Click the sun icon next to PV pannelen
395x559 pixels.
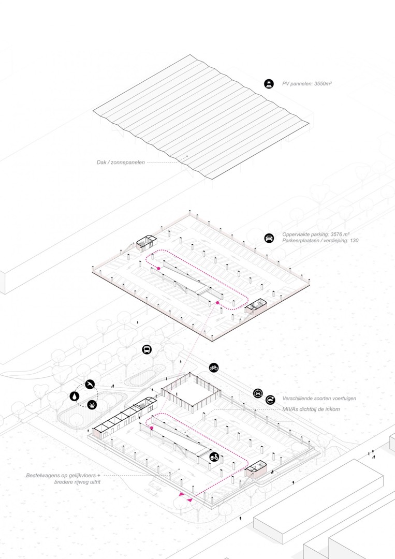pos(269,83)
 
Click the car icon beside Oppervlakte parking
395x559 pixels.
pos(269,238)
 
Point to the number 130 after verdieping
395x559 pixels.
pos(353,241)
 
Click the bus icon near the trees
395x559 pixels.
pos(147,349)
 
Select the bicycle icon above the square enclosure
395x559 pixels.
pos(214,367)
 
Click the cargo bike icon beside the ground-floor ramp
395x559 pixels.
pos(214,457)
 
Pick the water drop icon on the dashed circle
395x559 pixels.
pos(75,396)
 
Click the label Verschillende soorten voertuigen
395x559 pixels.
pos(319,399)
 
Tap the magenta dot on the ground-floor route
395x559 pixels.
pos(152,429)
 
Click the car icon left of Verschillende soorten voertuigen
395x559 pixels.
pos(258,393)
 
